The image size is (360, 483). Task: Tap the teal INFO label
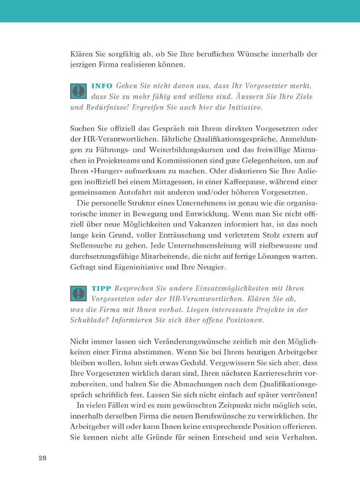pyautogui.click(x=101, y=85)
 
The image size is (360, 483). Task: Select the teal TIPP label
pyautogui.click(x=101, y=288)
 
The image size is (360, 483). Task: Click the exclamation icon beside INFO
pyautogui.click(x=78, y=91)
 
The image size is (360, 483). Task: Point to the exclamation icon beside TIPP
pyautogui.click(x=78, y=294)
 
